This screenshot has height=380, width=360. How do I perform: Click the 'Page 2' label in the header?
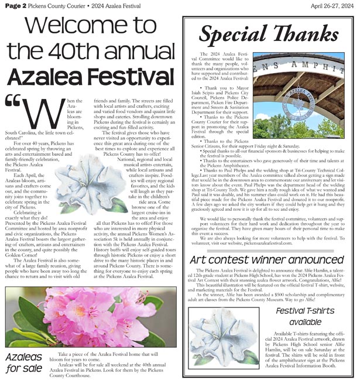click(x=15, y=5)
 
